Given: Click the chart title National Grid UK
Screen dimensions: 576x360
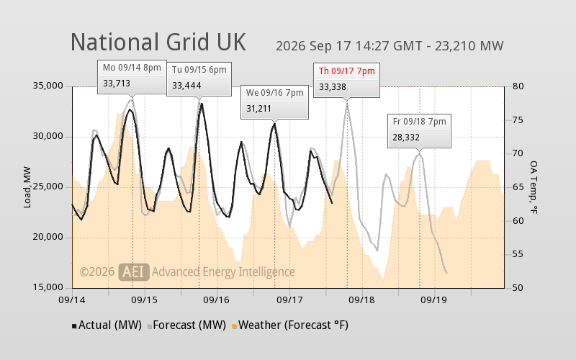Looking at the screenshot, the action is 158,42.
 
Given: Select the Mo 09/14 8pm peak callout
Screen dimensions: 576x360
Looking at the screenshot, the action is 132,77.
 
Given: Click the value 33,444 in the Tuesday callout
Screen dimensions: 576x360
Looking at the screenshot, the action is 186,86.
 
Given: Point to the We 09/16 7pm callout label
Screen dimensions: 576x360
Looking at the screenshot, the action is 275,93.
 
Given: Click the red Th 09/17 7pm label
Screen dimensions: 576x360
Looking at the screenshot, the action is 347,71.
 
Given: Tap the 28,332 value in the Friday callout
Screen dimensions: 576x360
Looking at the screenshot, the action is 406,138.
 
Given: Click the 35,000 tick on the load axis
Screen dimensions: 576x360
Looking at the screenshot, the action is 48,86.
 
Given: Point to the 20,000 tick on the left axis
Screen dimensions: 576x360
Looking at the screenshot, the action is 48,238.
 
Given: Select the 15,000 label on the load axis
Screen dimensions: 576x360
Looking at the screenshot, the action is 48,287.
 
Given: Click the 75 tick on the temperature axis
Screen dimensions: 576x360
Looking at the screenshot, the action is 518,120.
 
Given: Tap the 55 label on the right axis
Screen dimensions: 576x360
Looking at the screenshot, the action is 518,255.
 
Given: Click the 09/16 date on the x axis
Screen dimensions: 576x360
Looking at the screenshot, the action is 217,300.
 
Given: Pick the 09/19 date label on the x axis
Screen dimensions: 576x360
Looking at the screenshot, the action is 434,300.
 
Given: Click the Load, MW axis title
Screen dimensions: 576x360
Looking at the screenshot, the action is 27,187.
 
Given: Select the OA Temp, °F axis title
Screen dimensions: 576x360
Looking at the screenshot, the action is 534,187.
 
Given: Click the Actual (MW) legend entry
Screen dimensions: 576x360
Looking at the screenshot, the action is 107,325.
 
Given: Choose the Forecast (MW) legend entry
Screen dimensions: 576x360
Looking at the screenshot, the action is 186,325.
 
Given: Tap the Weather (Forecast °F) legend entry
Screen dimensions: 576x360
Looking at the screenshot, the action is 290,325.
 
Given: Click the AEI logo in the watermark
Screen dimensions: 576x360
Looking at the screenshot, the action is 134,272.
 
